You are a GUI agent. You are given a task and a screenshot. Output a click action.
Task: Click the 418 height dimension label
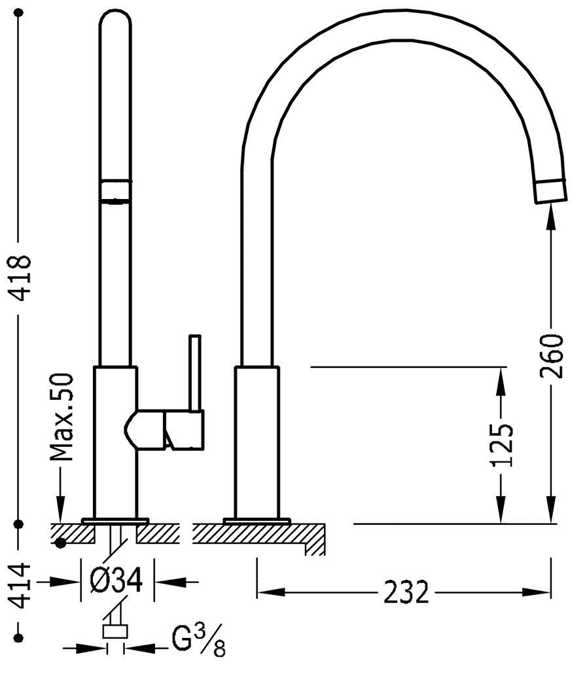pyautogui.click(x=20, y=278)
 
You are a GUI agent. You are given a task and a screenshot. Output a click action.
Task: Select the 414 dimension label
pyautogui.click(x=20, y=585)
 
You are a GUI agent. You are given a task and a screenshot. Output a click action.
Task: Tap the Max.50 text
pyautogui.click(x=62, y=418)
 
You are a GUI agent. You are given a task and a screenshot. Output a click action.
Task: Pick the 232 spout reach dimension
pyautogui.click(x=406, y=592)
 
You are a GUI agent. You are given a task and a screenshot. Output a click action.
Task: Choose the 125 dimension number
pyautogui.click(x=502, y=446)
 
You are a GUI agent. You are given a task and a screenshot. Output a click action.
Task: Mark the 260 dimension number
pyautogui.click(x=552, y=355)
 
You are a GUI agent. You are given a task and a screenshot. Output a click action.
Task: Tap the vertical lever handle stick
pyautogui.click(x=195, y=372)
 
